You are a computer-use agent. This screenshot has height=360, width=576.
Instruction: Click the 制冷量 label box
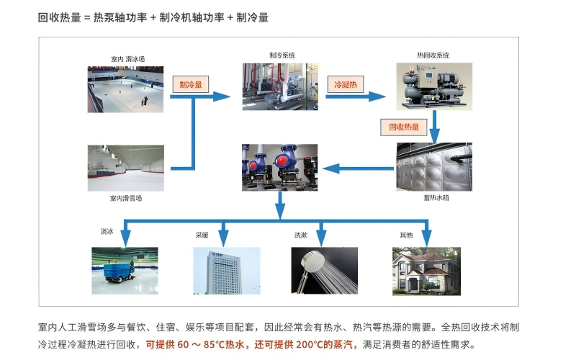coord(191,84)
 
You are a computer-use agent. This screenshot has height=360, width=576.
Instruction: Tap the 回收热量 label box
coord(403,127)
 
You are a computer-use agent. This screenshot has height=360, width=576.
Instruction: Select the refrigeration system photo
coord(280,87)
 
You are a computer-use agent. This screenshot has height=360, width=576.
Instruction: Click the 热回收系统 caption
coord(433,55)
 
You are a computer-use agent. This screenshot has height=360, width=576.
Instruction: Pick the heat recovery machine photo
coord(433,86)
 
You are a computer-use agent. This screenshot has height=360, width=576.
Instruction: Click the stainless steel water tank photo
coord(433,166)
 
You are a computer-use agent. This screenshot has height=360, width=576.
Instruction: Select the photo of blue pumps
coord(280,167)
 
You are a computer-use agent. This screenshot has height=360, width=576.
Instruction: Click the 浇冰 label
coord(107,234)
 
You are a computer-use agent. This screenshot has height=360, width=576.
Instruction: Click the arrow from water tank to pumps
coord(356,168)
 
